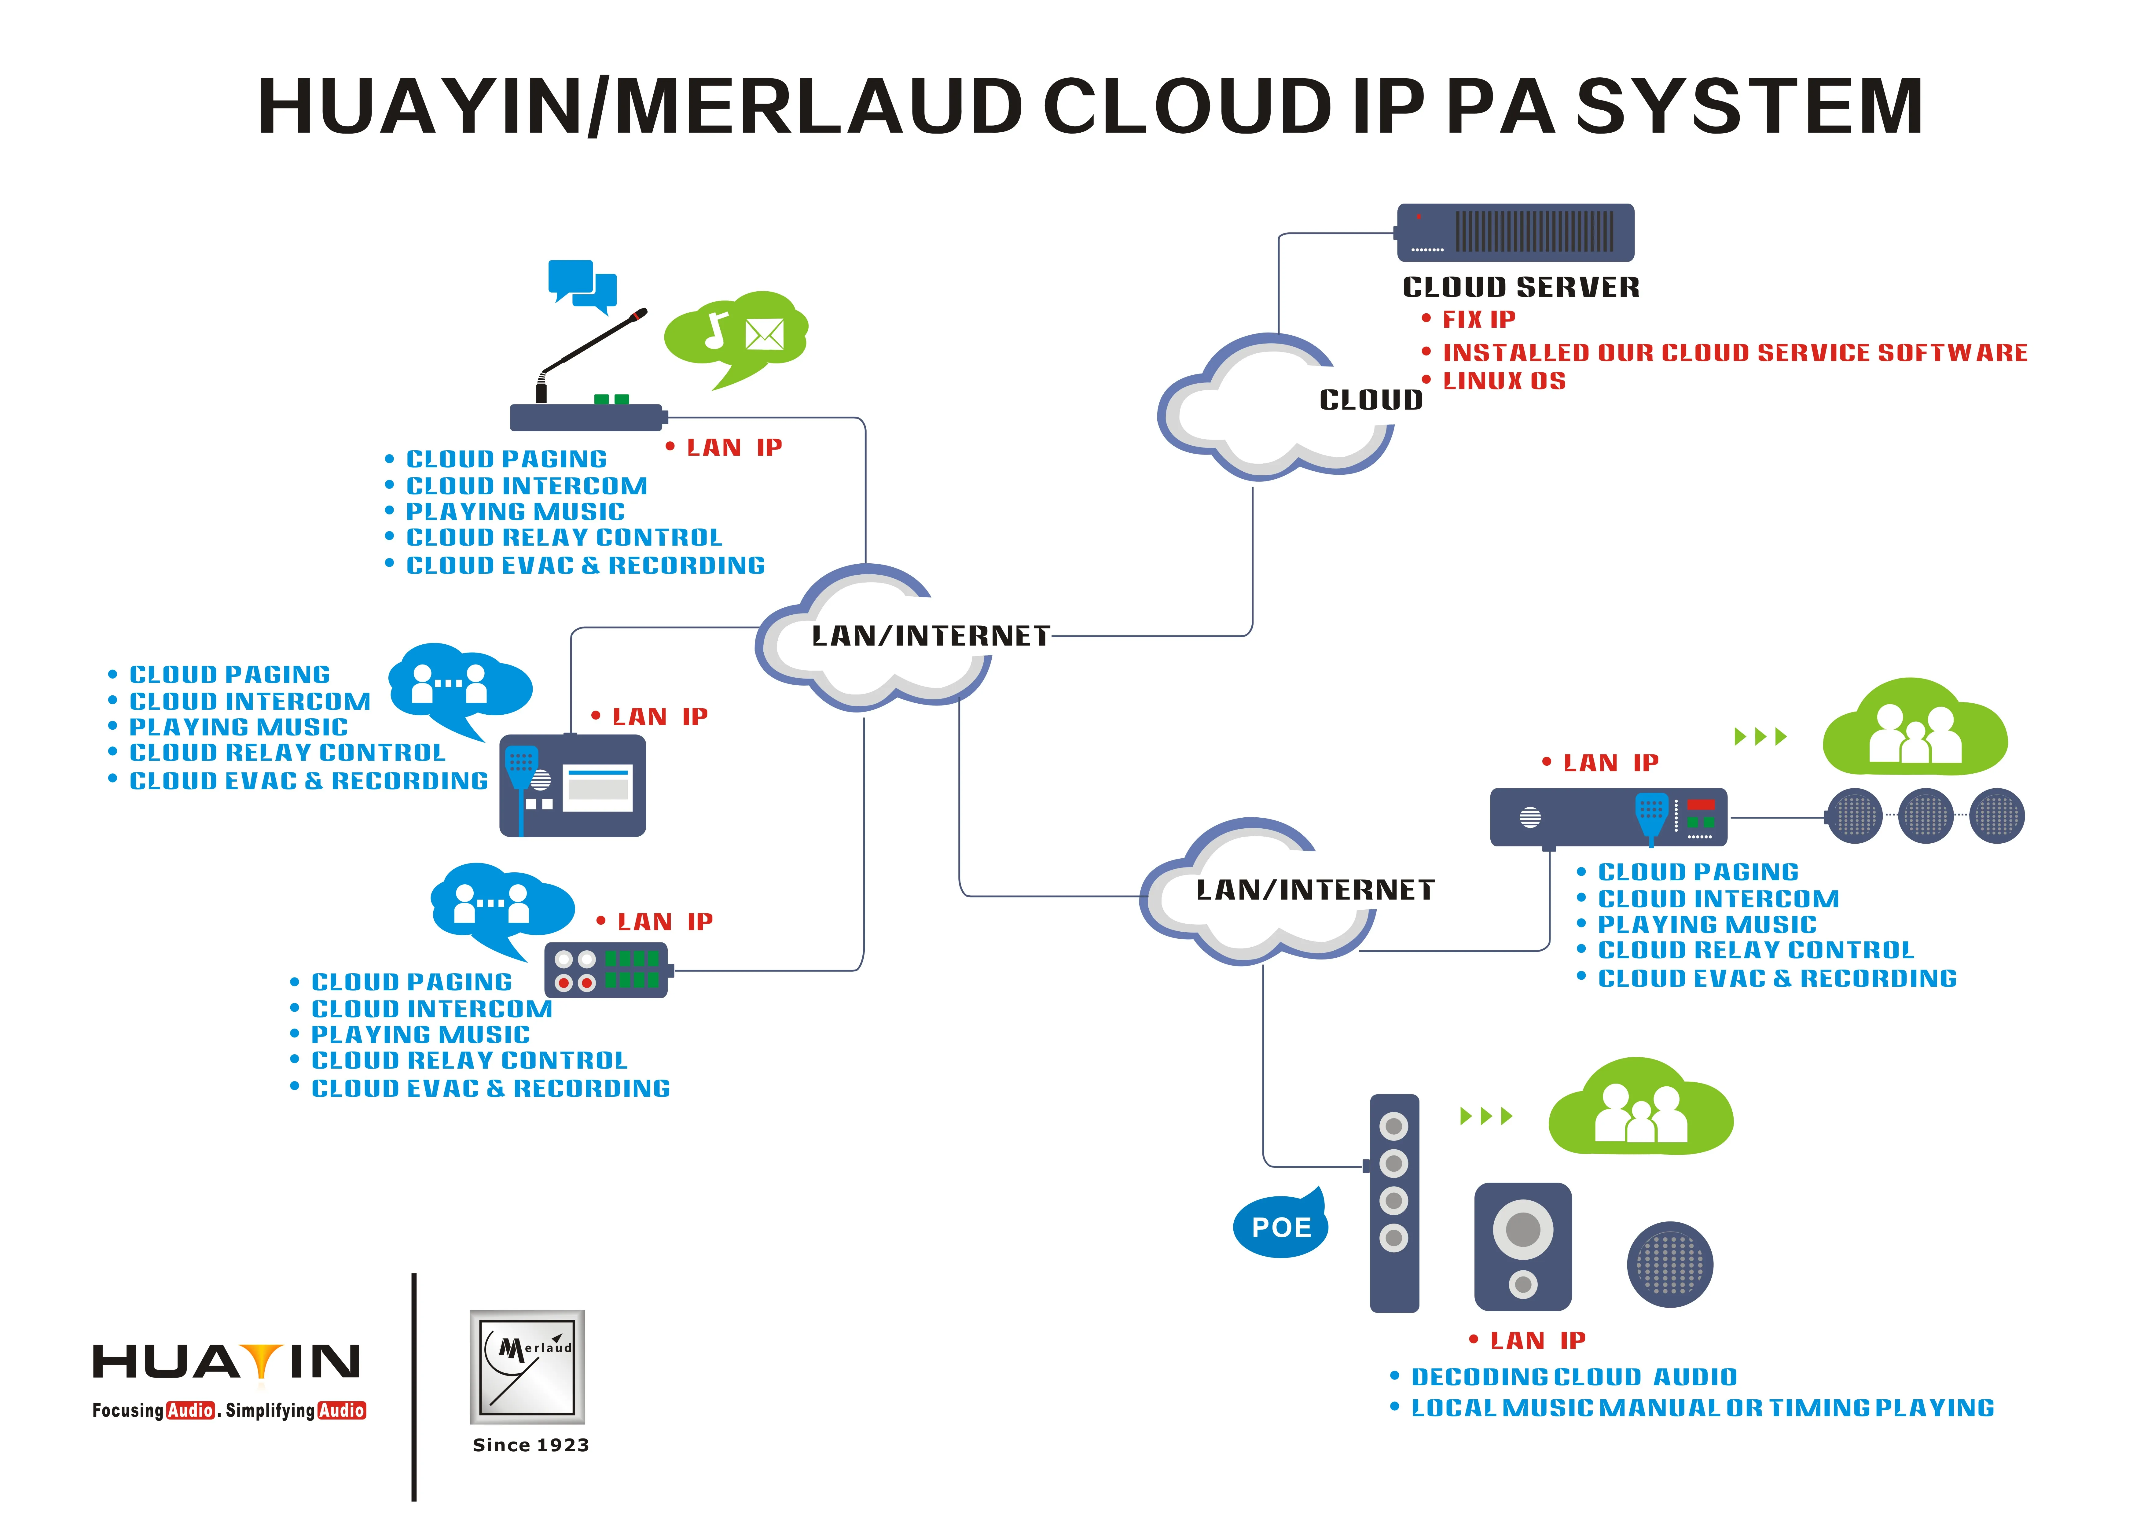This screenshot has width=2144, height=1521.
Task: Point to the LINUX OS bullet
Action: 1503,381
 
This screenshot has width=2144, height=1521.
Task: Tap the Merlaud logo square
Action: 527,1366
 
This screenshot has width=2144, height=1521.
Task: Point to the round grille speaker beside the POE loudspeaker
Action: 1670,1264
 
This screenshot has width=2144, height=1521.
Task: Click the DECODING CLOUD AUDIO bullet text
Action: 1573,1377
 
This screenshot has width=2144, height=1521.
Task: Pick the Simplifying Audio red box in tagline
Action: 341,1410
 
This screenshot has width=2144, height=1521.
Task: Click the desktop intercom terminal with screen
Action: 573,785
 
